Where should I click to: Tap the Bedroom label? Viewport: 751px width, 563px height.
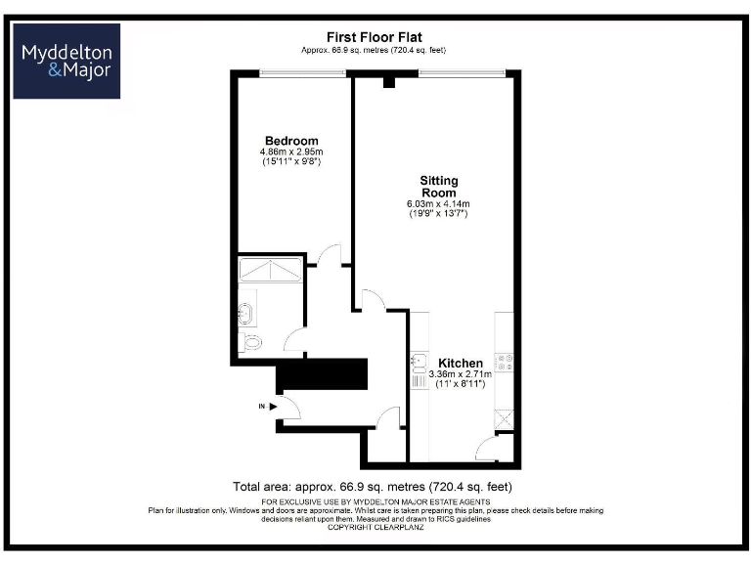pyautogui.click(x=291, y=141)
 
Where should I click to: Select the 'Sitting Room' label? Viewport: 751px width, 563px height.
pyautogui.click(x=438, y=187)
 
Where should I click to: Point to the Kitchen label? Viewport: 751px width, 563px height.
pyautogui.click(x=460, y=363)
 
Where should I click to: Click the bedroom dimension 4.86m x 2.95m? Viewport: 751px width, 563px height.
pyautogui.click(x=291, y=152)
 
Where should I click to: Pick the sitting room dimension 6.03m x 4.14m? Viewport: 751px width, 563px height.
pyautogui.click(x=438, y=203)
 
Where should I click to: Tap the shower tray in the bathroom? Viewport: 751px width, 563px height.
pyautogui.click(x=269, y=269)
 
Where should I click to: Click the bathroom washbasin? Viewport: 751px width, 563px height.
pyautogui.click(x=244, y=315)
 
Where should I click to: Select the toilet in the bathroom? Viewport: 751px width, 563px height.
pyautogui.click(x=250, y=342)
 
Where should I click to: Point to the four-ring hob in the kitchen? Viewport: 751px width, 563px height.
pyautogui.click(x=507, y=363)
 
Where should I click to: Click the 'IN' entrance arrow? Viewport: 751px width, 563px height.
pyautogui.click(x=268, y=406)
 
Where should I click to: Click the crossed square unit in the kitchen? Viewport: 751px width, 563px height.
pyautogui.click(x=506, y=418)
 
